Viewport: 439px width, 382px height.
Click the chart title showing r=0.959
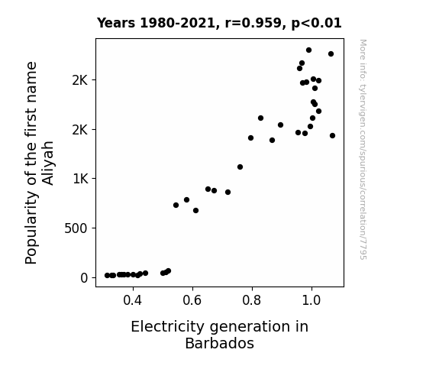(219, 23)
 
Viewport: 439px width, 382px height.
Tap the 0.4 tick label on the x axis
(133, 301)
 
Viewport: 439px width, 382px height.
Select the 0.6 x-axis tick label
(192, 301)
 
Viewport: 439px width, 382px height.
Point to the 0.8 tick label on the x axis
(252, 301)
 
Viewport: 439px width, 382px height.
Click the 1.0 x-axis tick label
(311, 301)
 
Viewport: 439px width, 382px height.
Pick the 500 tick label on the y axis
(76, 228)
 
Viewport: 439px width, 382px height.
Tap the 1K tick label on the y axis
(80, 179)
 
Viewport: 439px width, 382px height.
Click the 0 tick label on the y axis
(84, 278)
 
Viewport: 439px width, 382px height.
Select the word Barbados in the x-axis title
(220, 343)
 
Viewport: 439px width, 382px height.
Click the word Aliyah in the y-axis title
(47, 163)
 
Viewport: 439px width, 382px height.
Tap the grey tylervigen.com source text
(363, 150)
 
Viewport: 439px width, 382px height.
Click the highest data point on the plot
(308, 50)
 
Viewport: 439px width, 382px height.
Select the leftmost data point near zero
(107, 276)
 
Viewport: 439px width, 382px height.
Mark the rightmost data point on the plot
(332, 136)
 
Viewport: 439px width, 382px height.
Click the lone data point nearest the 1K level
(240, 167)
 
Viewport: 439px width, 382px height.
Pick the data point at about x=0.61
(196, 210)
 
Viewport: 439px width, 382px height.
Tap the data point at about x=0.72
(228, 193)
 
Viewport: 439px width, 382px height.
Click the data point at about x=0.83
(260, 118)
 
